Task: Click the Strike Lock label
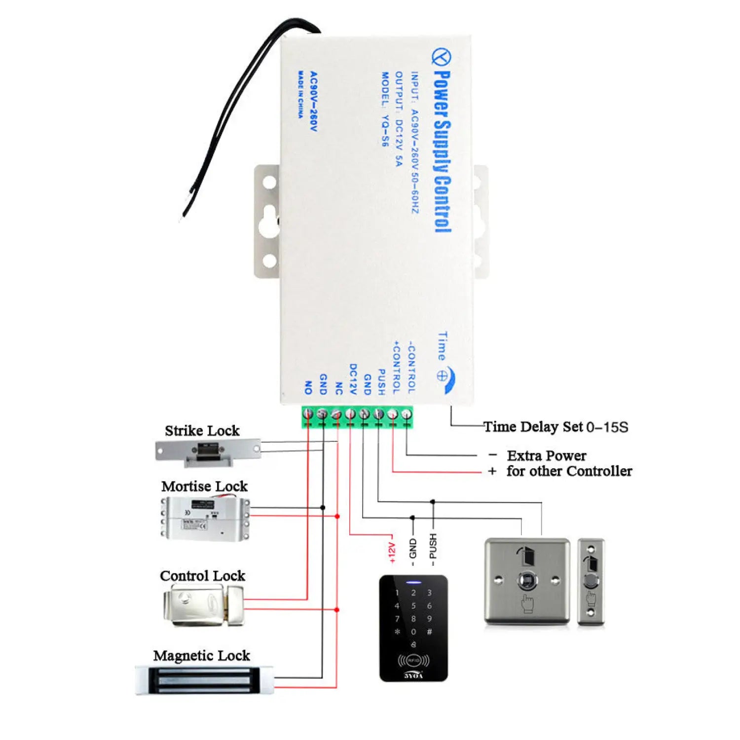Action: point(202,431)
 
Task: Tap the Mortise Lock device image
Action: point(205,518)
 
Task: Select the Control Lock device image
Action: point(203,605)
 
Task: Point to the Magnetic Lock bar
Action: point(204,680)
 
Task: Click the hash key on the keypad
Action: point(429,631)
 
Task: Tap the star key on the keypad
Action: point(397,631)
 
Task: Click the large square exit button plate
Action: point(527,582)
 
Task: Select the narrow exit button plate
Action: point(591,582)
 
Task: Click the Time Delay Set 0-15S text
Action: point(555,427)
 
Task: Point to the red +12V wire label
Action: point(392,553)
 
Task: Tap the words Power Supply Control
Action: point(442,151)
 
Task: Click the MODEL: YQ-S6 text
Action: point(385,109)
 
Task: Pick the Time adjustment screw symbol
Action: point(442,376)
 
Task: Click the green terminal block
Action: point(357,416)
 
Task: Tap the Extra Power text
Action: point(547,456)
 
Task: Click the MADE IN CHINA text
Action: point(300,94)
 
